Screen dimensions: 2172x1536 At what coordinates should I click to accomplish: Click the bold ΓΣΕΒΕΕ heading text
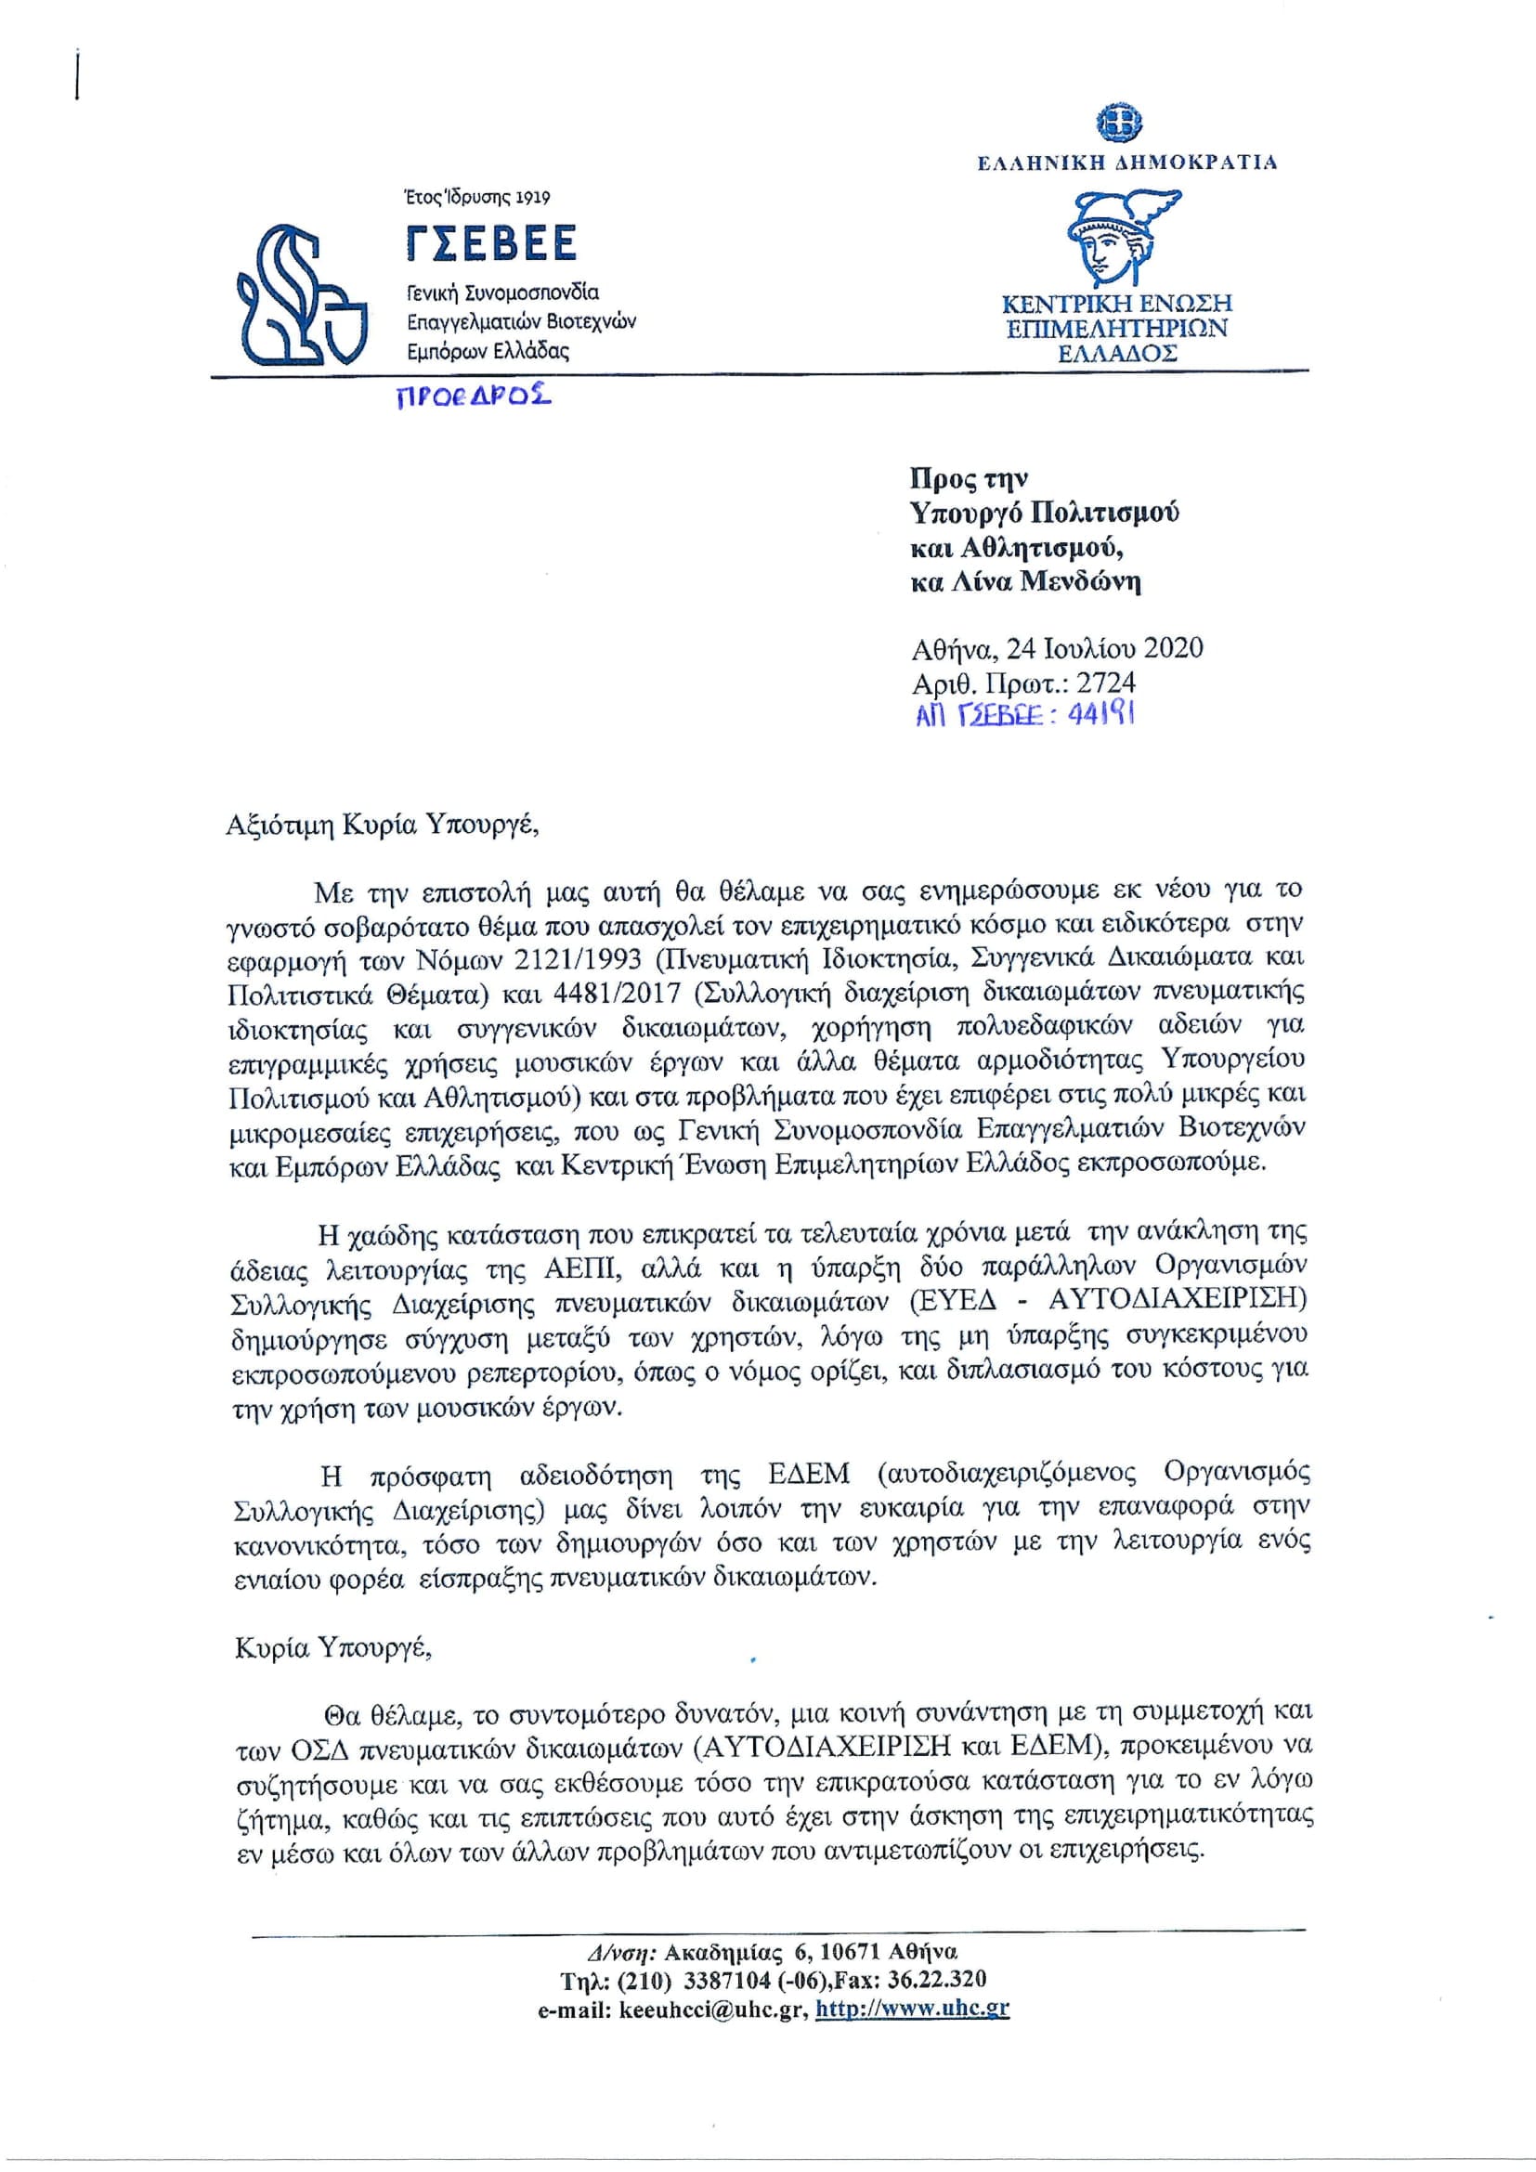tap(491, 244)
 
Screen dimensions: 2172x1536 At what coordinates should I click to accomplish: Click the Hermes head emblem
tap(1118, 237)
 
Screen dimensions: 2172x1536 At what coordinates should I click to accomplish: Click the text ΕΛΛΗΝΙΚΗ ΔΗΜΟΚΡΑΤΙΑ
tap(1127, 162)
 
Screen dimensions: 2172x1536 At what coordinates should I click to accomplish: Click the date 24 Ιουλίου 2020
tap(1104, 648)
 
